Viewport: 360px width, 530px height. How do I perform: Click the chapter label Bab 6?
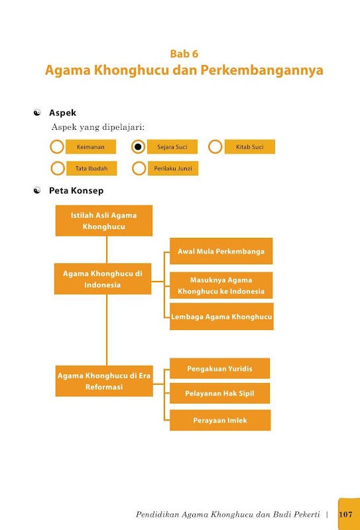tap(184, 54)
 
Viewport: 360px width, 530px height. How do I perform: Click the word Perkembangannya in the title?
tap(262, 70)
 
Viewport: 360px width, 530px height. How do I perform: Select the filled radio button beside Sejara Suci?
tap(138, 146)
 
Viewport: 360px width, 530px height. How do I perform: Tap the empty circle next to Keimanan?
tap(57, 146)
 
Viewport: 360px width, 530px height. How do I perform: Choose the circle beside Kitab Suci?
tap(215, 146)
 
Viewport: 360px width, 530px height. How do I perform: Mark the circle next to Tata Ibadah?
tap(58, 168)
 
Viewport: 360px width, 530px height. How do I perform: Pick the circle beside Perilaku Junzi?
tap(139, 168)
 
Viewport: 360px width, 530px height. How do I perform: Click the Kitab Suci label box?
tap(250, 146)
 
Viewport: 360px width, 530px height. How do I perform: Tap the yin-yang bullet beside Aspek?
tap(37, 113)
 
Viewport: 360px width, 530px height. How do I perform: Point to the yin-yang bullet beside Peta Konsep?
tap(37, 191)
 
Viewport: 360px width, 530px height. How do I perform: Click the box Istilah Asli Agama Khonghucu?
tap(104, 221)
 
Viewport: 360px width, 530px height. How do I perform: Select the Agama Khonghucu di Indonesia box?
tap(103, 279)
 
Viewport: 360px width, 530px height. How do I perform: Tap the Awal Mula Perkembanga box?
tap(221, 251)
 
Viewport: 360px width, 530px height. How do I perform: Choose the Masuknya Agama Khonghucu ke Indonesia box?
tap(221, 286)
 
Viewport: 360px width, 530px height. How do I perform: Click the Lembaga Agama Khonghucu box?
tap(221, 317)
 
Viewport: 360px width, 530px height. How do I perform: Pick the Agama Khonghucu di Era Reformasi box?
tap(104, 381)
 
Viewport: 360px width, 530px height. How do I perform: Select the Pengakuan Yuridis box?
tap(219, 368)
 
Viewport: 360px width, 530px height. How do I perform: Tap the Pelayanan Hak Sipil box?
tap(219, 393)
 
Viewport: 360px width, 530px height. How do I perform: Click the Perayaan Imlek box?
tap(220, 420)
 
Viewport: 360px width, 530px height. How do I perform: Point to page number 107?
tap(345, 514)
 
